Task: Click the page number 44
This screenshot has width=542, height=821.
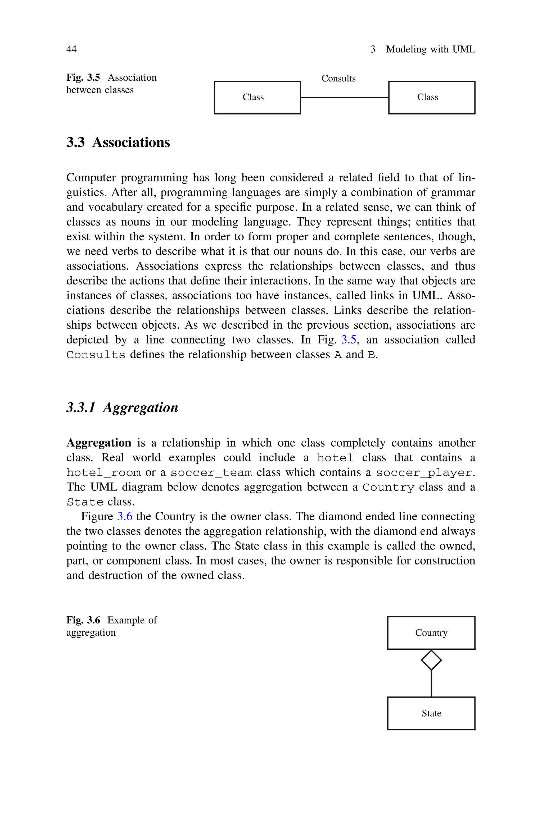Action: click(71, 49)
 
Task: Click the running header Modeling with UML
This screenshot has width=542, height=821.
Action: click(430, 49)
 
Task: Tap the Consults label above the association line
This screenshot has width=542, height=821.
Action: click(338, 79)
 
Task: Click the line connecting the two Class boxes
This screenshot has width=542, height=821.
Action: click(345, 98)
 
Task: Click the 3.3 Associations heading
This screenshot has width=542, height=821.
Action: click(118, 142)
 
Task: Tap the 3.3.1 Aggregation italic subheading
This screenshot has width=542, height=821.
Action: click(122, 407)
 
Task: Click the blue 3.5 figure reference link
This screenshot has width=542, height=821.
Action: click(349, 340)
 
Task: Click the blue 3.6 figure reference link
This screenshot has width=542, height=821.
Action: click(125, 516)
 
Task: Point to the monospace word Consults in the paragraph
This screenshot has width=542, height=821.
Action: click(96, 355)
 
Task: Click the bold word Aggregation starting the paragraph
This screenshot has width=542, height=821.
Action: click(99, 443)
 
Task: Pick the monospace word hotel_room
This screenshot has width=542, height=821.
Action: click(103, 473)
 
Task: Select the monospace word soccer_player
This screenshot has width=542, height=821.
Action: click(423, 473)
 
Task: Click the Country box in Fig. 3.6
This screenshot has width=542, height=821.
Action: click(431, 633)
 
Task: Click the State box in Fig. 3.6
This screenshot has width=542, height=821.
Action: click(431, 713)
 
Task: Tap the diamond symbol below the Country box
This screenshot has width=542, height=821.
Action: click(431, 660)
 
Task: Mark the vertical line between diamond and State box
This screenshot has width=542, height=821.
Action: click(431, 684)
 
